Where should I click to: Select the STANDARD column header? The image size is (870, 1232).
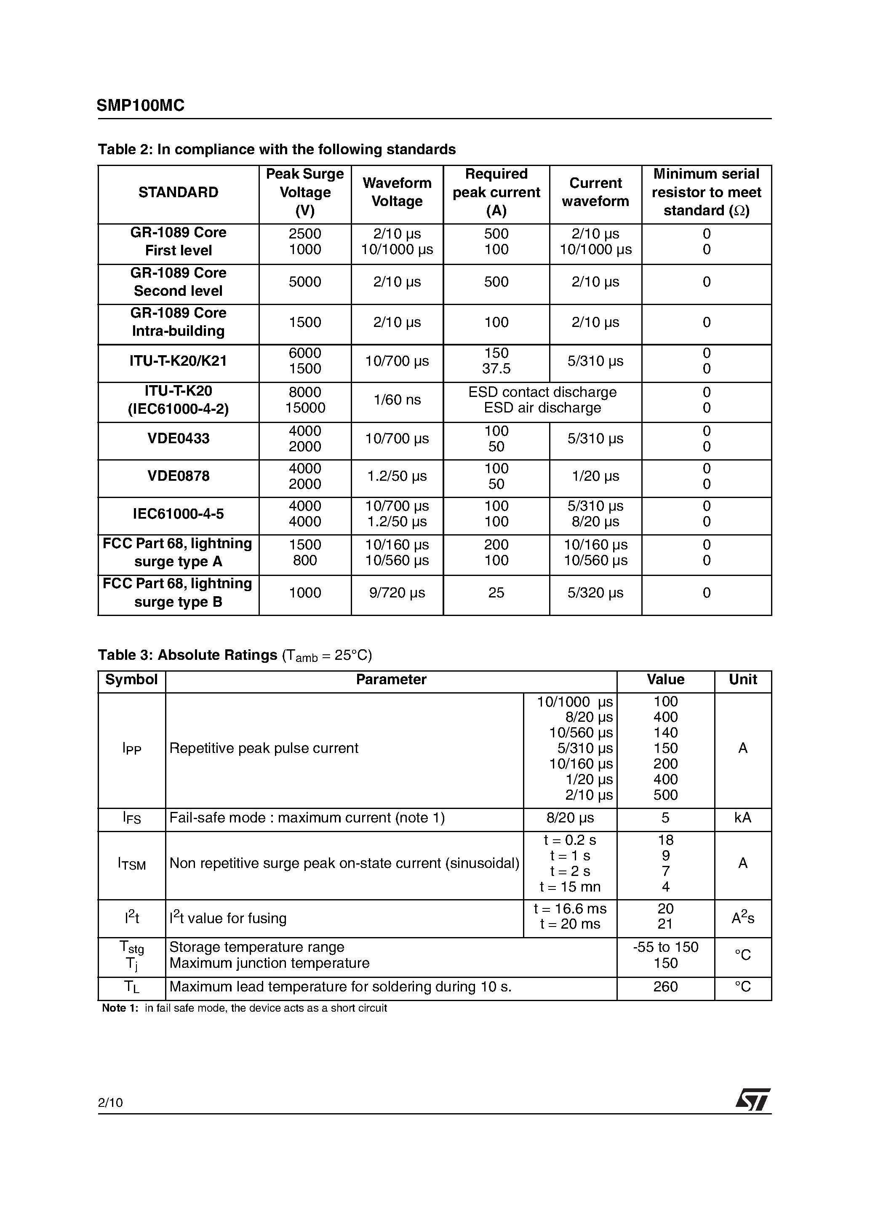coord(178,193)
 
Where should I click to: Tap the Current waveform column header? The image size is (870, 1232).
coord(595,193)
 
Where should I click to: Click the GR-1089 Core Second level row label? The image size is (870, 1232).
coord(178,282)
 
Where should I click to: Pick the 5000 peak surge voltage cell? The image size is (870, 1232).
coord(304,282)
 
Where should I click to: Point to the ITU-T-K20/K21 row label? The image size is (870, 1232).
coord(178,361)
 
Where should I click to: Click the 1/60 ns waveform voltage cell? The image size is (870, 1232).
coord(397,400)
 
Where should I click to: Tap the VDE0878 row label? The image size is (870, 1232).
coord(178,477)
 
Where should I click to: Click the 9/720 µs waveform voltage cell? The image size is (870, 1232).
coord(397,593)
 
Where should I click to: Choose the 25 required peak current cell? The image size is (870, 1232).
coord(496,593)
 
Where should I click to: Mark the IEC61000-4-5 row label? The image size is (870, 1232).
coord(178,514)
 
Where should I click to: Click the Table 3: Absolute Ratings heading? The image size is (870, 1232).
coord(188,655)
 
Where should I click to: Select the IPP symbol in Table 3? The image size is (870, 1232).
coord(131,749)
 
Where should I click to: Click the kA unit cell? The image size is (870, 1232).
coord(742,818)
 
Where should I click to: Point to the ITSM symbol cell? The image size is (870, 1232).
coord(131,864)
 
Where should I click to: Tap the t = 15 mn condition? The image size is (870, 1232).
coord(570,887)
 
